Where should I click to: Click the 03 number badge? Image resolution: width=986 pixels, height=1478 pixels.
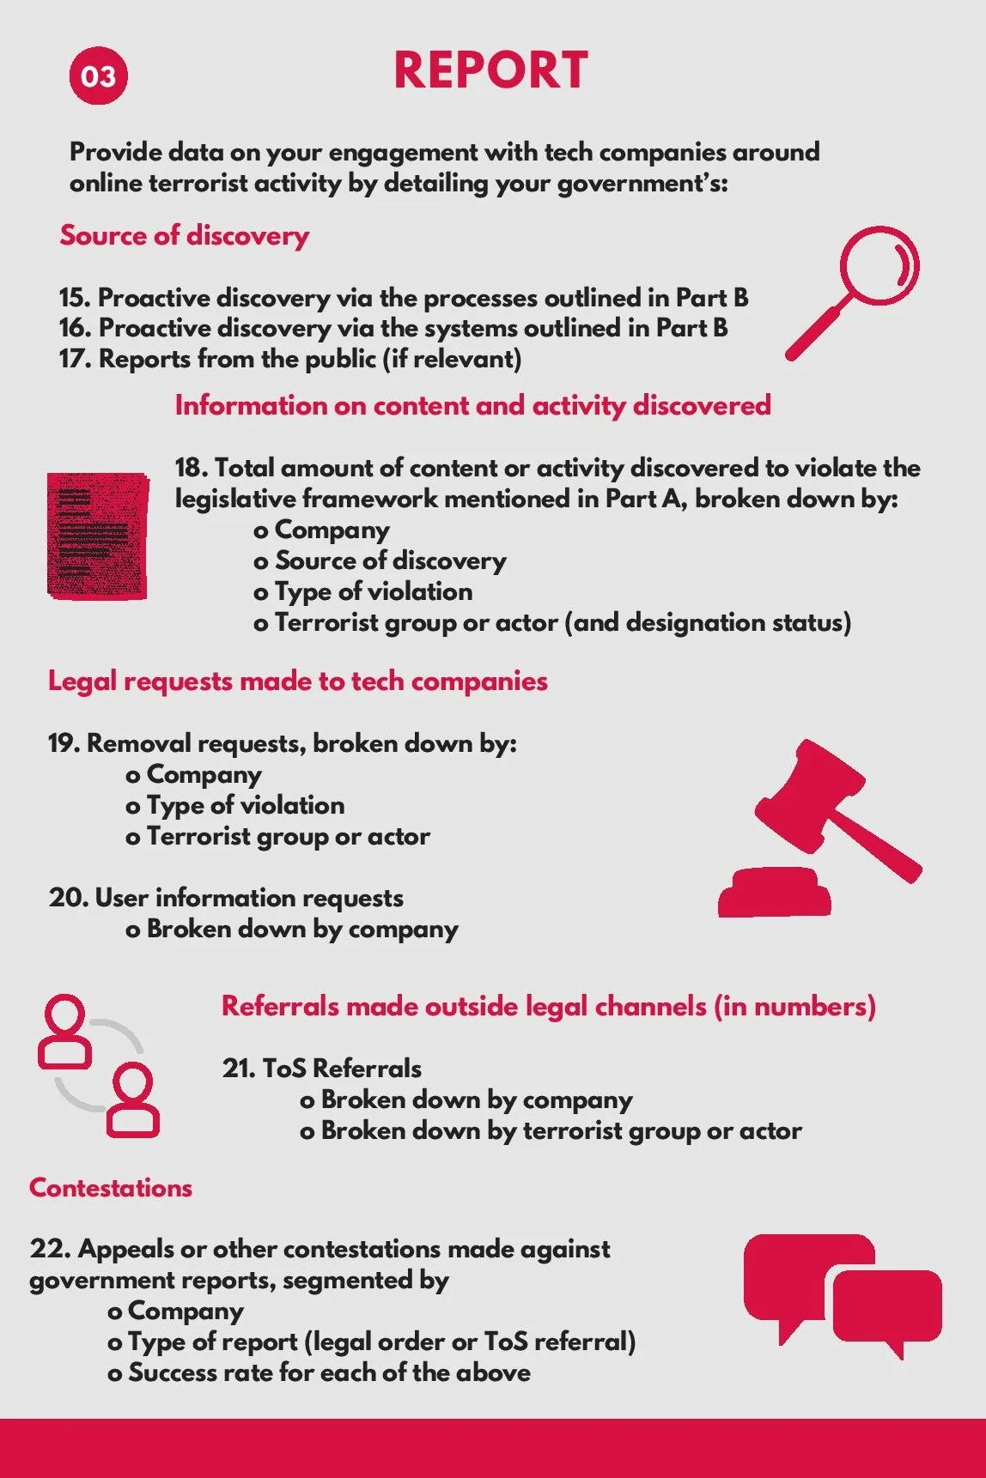tap(98, 76)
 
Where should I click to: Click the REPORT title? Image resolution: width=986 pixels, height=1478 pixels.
tap(490, 70)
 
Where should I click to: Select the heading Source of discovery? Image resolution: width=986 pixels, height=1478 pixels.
tap(184, 235)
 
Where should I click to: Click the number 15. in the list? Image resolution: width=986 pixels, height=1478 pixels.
tap(75, 298)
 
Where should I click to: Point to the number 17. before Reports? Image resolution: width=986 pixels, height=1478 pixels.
tap(75, 359)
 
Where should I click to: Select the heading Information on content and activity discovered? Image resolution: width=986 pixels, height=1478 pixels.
tap(472, 405)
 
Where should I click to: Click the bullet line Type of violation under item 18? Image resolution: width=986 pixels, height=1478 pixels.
tap(373, 591)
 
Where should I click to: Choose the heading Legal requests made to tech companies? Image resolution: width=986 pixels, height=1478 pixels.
tap(297, 681)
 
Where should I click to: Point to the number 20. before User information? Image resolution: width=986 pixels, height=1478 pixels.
tap(69, 898)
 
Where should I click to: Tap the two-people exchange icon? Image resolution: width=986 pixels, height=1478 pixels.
tap(98, 1065)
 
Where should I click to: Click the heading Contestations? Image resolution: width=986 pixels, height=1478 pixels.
tap(111, 1188)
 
